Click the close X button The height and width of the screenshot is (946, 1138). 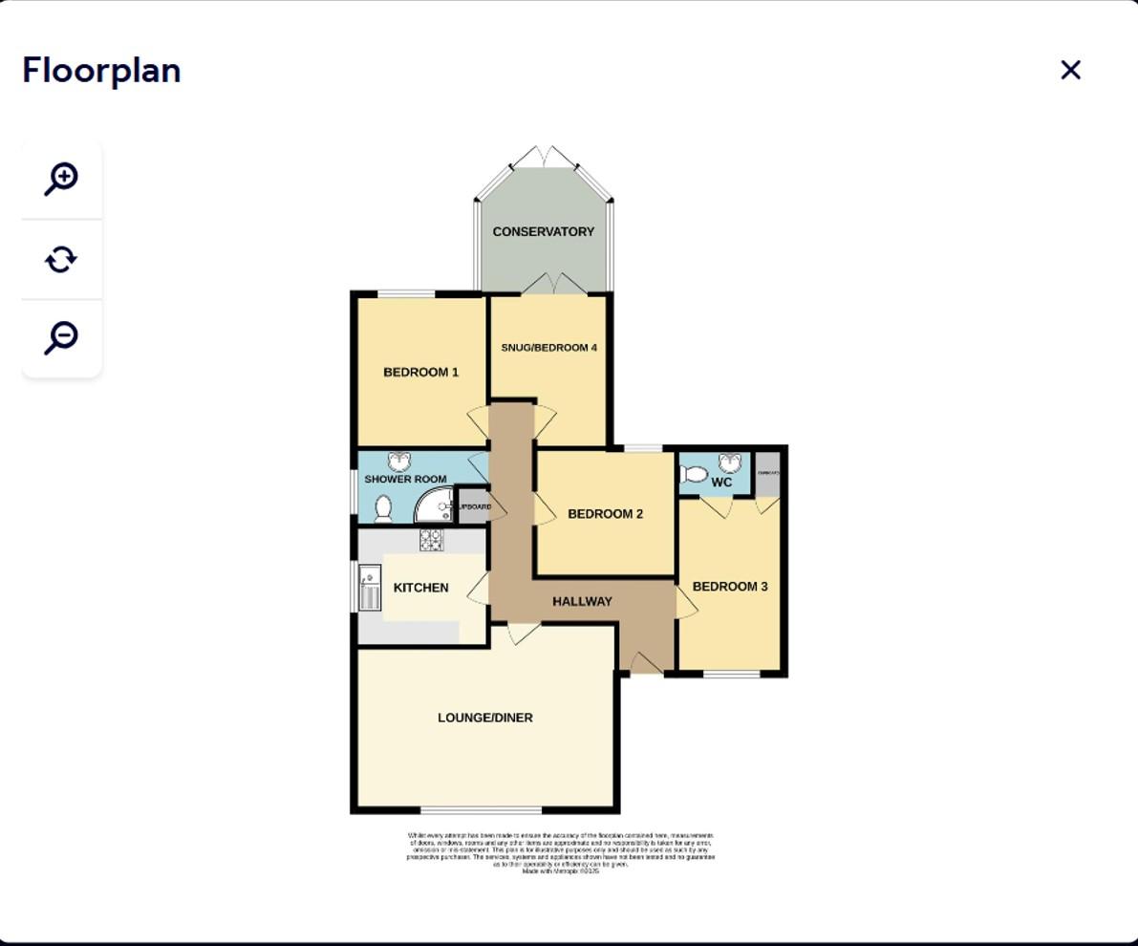click(x=1070, y=70)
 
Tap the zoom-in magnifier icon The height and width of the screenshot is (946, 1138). click(x=61, y=179)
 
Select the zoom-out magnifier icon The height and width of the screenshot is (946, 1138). click(x=61, y=337)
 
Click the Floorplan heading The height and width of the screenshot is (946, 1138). click(x=101, y=70)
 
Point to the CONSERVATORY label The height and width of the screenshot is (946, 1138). click(x=543, y=231)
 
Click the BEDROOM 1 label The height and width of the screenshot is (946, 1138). click(x=420, y=372)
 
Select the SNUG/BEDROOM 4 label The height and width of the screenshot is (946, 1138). click(x=548, y=348)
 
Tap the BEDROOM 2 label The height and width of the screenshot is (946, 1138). click(x=605, y=514)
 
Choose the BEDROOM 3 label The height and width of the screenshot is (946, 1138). click(x=730, y=587)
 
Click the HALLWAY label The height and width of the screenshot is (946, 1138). click(x=582, y=601)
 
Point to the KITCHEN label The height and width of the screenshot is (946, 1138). click(x=420, y=588)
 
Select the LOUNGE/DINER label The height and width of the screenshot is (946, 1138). click(x=485, y=718)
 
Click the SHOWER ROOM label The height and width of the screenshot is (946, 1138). click(x=405, y=479)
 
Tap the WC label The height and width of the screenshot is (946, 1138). click(x=721, y=483)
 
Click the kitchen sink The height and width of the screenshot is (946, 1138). click(x=369, y=587)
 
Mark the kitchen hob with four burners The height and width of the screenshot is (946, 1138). click(x=431, y=541)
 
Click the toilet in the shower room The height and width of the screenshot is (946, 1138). click(x=383, y=508)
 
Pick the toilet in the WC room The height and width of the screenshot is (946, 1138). click(x=695, y=474)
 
